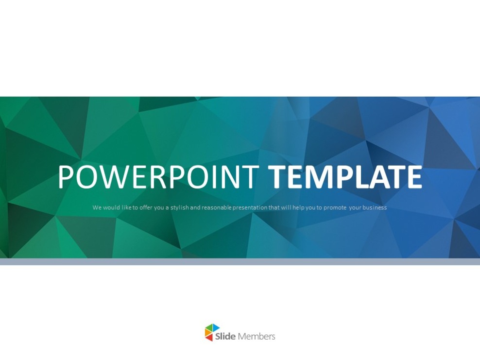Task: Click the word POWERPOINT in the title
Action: click(x=158, y=177)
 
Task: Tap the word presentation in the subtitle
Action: click(x=250, y=207)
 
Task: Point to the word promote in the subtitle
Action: click(x=335, y=207)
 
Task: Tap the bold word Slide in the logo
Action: click(x=225, y=336)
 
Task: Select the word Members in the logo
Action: click(x=257, y=336)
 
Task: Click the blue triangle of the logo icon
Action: click(x=215, y=328)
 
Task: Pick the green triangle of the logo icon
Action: click(x=209, y=328)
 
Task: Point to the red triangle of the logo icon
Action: click(x=210, y=337)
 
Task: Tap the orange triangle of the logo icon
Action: click(x=207, y=333)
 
